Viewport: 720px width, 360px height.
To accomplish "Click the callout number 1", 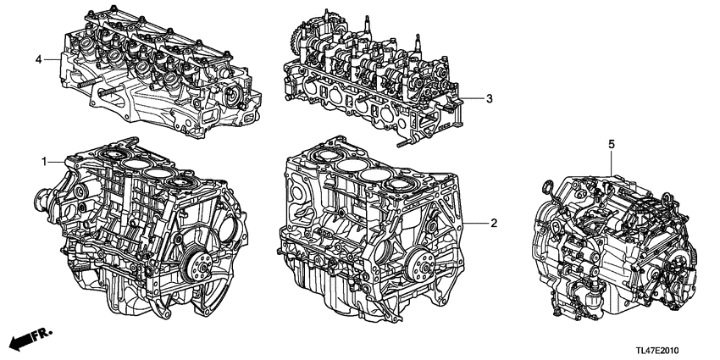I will (44, 159).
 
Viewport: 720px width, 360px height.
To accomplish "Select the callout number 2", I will (491, 223).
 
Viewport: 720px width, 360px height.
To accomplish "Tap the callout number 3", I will (489, 99).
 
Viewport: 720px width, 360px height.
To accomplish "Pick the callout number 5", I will (611, 146).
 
